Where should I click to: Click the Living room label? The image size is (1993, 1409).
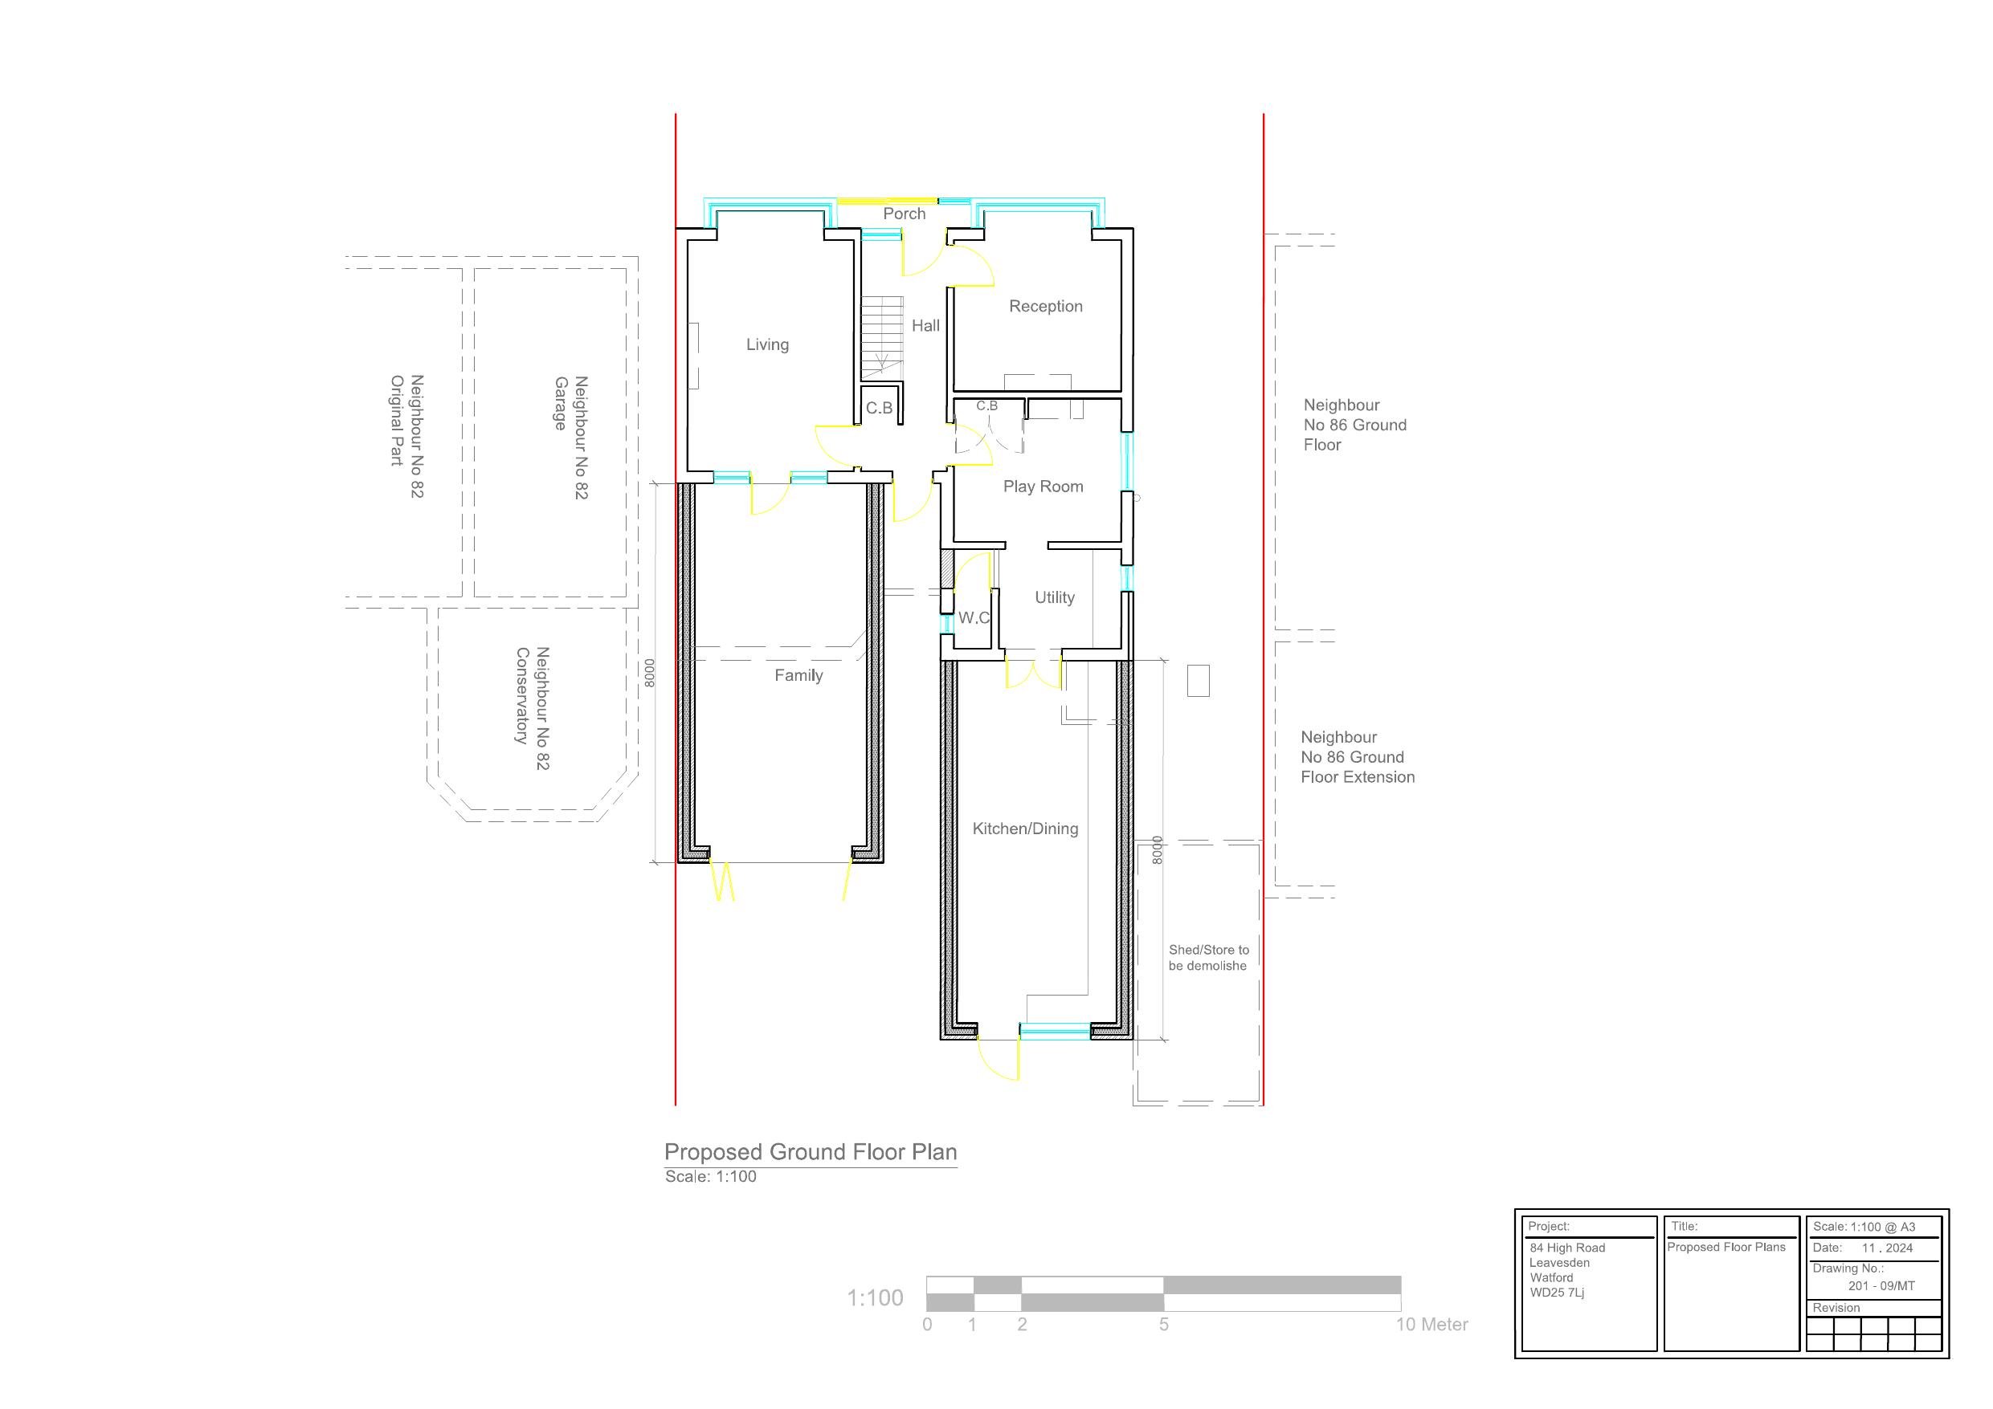pos(767,344)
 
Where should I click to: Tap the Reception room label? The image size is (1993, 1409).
pos(1045,306)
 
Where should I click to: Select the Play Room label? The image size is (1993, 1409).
pos(1043,487)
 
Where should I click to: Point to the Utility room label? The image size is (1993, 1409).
pos(1054,598)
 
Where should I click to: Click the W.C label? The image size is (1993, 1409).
pos(973,617)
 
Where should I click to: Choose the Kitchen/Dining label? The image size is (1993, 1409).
pos(1024,829)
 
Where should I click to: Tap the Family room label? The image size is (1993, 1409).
pos(798,675)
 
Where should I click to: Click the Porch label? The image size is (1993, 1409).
pos(904,214)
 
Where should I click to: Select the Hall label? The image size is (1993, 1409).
pos(925,325)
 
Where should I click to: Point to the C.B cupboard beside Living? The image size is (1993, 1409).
pos(879,408)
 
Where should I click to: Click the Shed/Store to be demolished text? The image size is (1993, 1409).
pos(1207,958)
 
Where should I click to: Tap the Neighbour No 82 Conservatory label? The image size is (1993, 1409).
pos(532,707)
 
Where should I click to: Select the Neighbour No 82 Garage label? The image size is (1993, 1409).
pos(571,437)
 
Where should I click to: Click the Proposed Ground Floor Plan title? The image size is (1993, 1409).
pos(810,1152)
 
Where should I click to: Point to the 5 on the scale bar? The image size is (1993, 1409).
pos(1163,1325)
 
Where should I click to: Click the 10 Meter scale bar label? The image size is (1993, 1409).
pos(1431,1325)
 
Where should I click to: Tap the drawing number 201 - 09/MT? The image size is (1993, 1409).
pos(1881,1286)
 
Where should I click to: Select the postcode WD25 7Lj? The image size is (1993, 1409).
pos(1556,1293)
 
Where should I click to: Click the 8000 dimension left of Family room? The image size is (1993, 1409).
pos(649,674)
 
